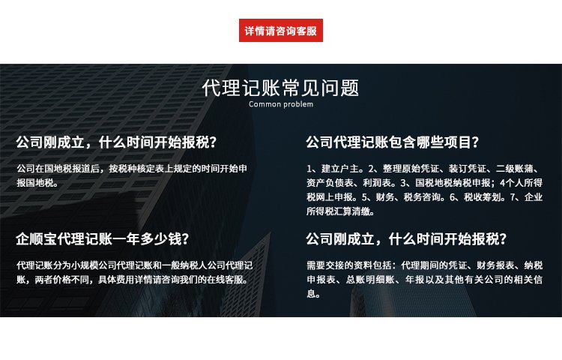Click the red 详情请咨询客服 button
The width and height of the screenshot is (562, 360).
point(281,31)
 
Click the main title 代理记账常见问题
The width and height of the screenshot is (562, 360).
point(281,88)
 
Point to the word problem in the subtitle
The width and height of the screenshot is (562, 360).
point(298,105)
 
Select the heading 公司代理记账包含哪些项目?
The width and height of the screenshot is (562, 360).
point(393,142)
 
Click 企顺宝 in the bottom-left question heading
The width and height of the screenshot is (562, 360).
point(37,239)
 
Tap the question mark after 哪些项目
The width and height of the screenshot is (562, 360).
point(476,142)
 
